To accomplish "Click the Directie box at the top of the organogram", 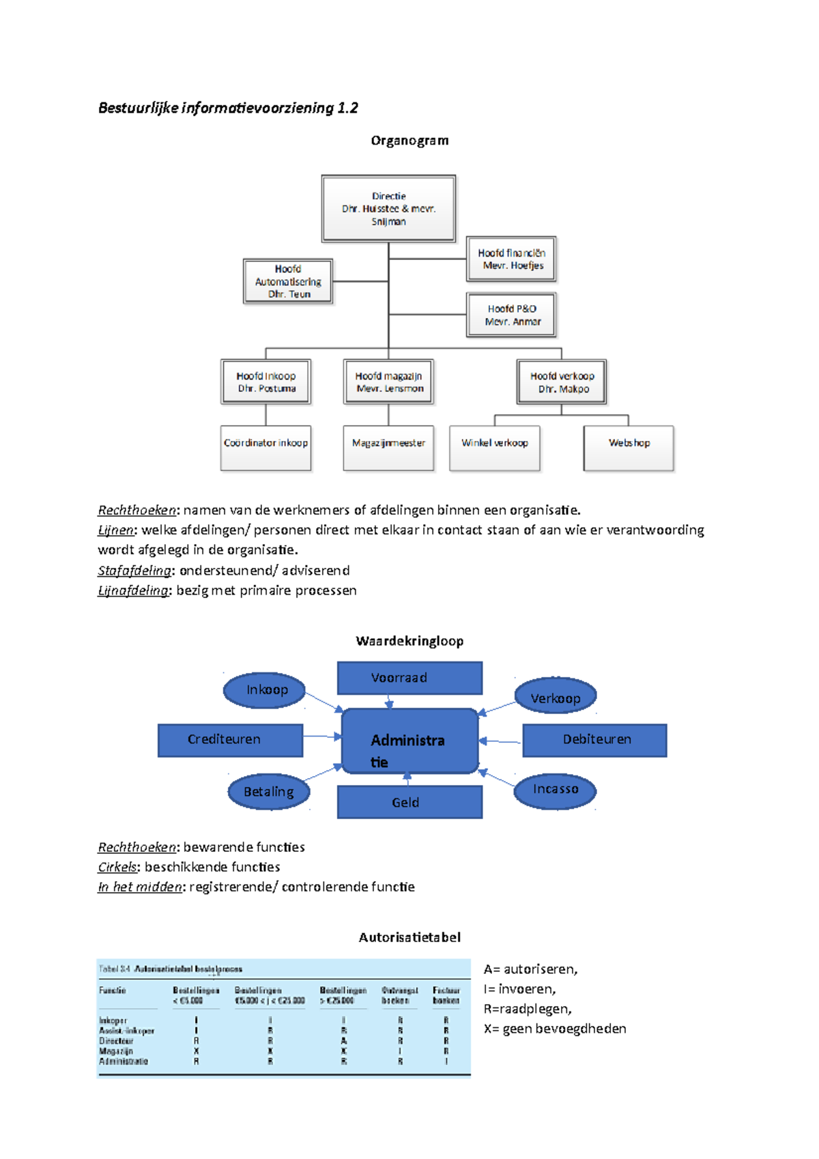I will (388, 208).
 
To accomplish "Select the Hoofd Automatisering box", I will (288, 281).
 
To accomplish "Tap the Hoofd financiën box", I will (511, 259).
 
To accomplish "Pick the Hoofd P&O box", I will (511, 315).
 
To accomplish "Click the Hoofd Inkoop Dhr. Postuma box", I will (266, 382).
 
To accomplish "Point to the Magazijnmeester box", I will (388, 448).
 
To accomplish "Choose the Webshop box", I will (629, 448).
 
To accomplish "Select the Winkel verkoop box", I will (495, 448).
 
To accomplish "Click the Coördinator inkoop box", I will (265, 448).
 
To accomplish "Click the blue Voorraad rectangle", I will (409, 678).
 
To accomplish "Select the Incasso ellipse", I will (555, 790).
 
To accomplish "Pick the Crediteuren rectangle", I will (230, 740).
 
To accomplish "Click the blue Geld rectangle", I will (409, 802).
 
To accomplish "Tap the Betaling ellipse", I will (268, 792).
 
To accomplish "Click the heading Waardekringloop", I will (409, 641).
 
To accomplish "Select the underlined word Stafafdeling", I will (134, 571).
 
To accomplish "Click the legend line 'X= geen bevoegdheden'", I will (555, 1029).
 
